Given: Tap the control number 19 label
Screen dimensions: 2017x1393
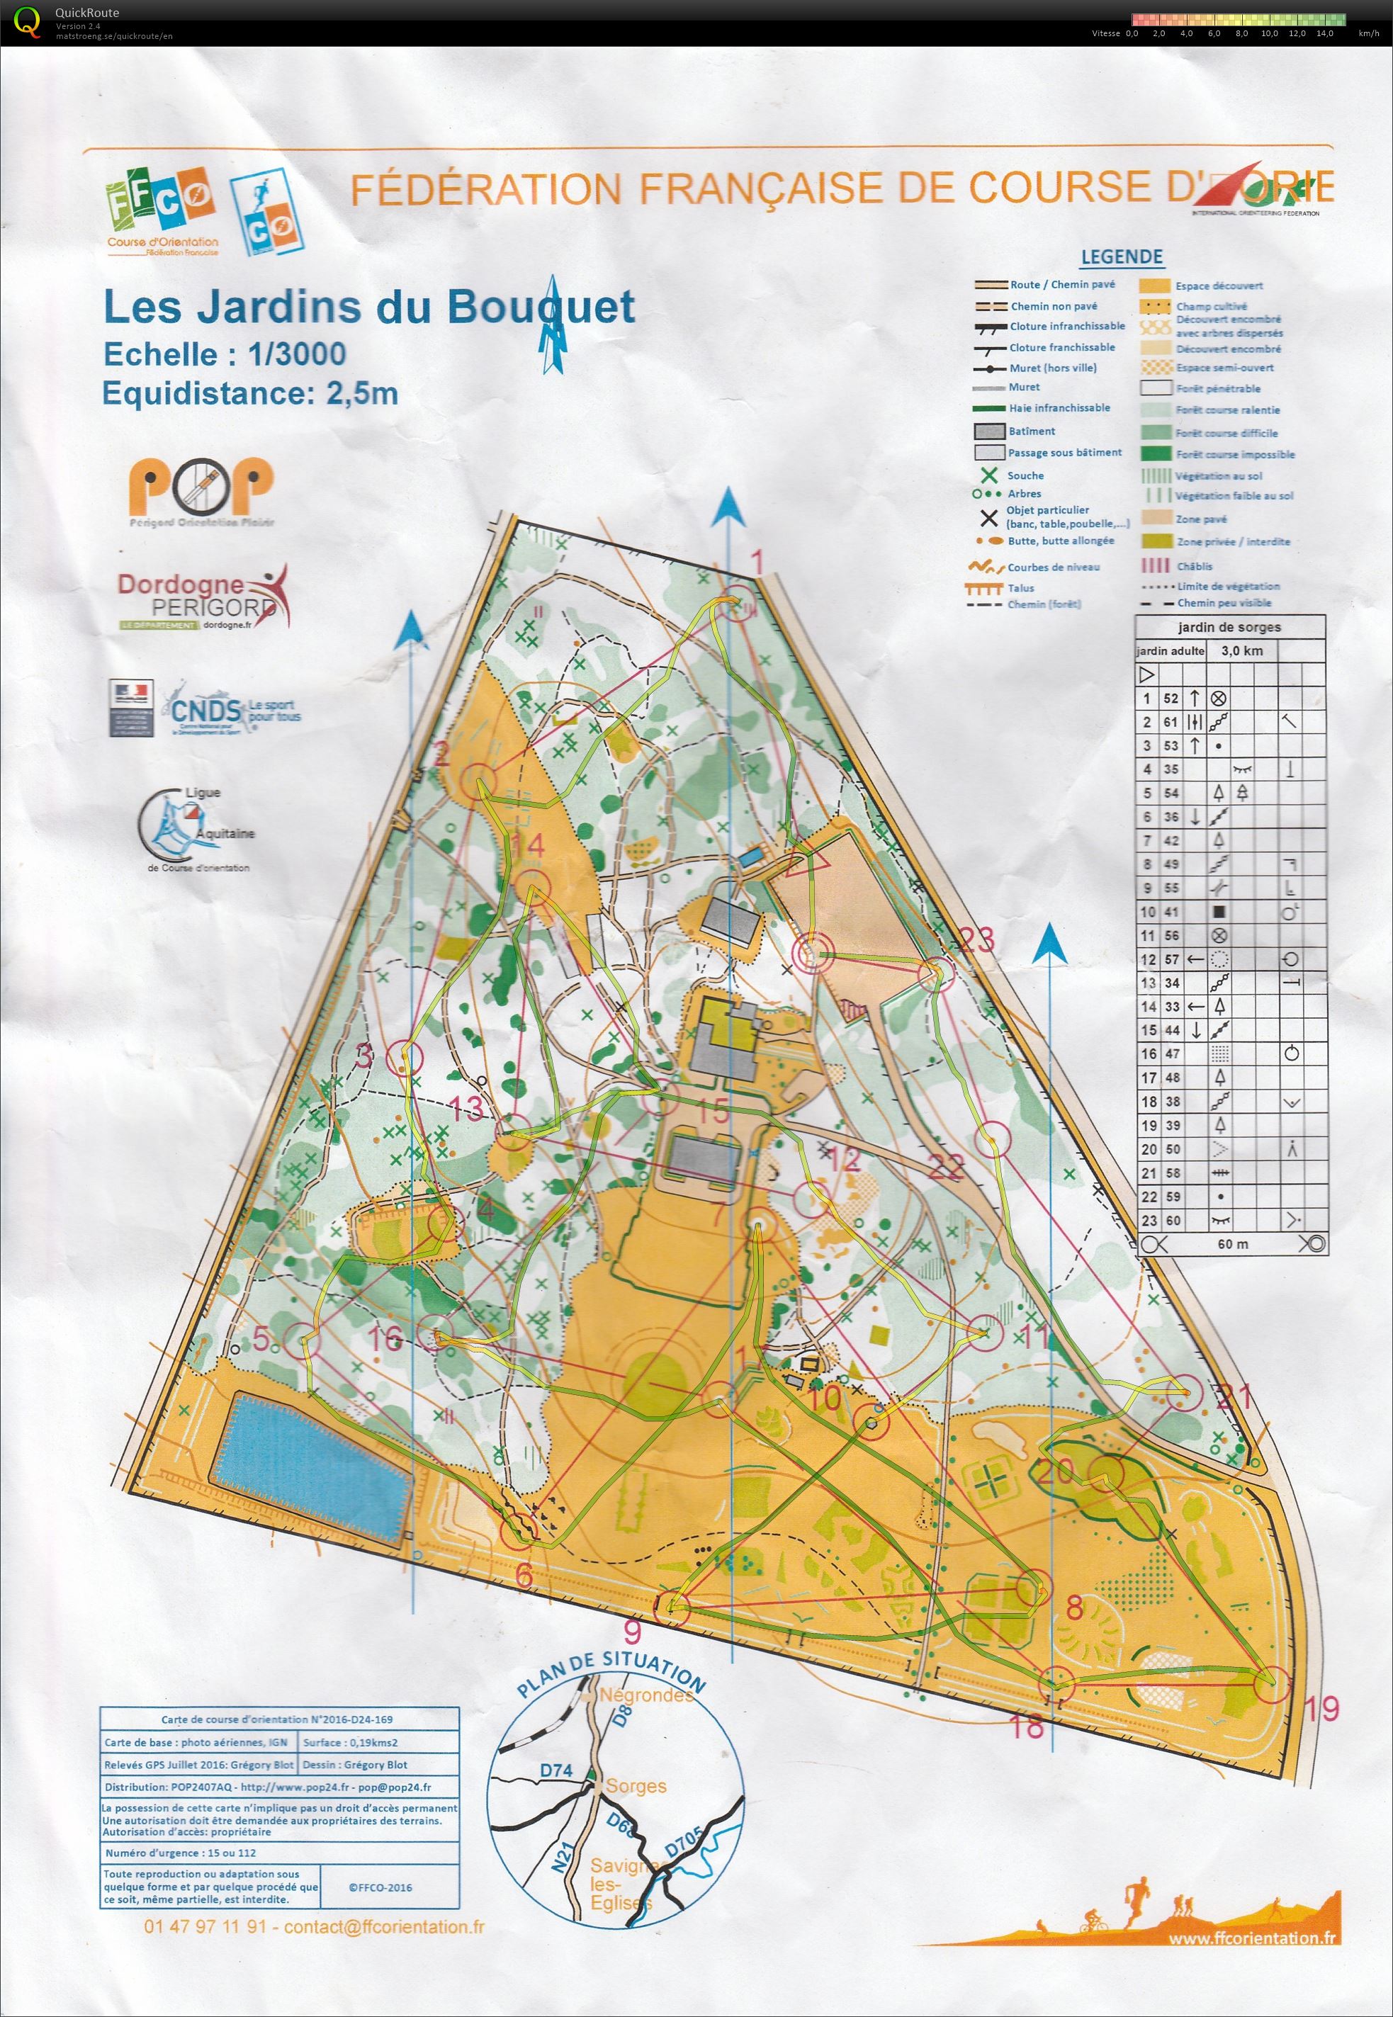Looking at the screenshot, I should [1322, 1708].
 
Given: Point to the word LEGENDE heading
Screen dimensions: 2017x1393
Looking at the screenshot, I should [1122, 256].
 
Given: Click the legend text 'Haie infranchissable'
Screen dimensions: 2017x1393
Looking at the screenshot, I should [1059, 407].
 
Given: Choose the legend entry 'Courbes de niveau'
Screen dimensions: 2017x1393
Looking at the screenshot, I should [1053, 567].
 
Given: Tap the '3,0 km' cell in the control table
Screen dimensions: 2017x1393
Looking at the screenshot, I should [1241, 650].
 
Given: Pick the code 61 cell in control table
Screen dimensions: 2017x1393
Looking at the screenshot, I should [1171, 722].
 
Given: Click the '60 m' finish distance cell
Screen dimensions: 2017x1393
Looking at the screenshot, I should [1232, 1244].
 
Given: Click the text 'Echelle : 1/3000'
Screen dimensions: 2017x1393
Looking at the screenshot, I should [225, 354].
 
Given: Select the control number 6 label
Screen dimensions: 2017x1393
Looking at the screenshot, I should [524, 1576].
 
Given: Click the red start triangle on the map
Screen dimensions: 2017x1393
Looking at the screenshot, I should [805, 865].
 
